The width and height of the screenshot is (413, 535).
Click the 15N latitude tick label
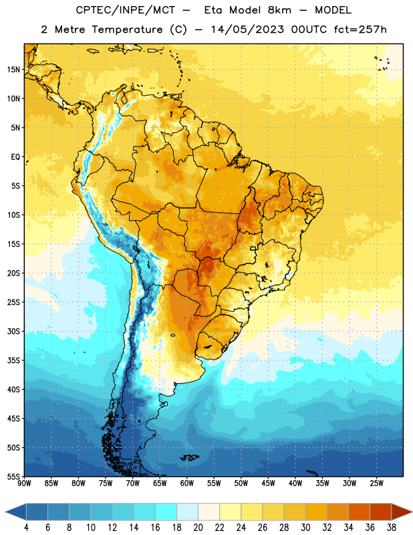click(13, 70)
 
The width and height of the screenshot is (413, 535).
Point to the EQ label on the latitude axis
click(15, 157)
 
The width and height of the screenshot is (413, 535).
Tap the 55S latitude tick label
click(13, 476)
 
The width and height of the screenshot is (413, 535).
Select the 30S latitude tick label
click(13, 331)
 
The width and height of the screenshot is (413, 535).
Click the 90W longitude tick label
click(24, 484)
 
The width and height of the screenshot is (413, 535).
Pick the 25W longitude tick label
click(376, 484)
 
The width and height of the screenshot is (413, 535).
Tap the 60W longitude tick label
click(187, 484)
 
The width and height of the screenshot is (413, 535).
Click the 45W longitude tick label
click(268, 484)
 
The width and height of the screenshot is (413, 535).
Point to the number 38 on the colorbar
click(392, 528)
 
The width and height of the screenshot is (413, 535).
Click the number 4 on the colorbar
click(26, 528)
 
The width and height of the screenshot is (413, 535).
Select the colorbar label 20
click(198, 528)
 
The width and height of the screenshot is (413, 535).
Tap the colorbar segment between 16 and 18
click(166, 512)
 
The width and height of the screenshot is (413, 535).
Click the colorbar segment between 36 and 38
click(381, 512)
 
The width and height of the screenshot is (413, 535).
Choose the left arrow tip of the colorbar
click(5, 512)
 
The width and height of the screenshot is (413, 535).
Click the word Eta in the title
click(213, 10)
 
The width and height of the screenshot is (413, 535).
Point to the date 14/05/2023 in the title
click(247, 29)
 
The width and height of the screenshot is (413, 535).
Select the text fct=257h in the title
click(360, 29)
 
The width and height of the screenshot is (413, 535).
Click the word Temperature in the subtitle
click(127, 29)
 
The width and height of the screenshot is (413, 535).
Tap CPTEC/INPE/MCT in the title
click(125, 10)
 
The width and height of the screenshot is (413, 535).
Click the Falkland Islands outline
click(190, 457)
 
